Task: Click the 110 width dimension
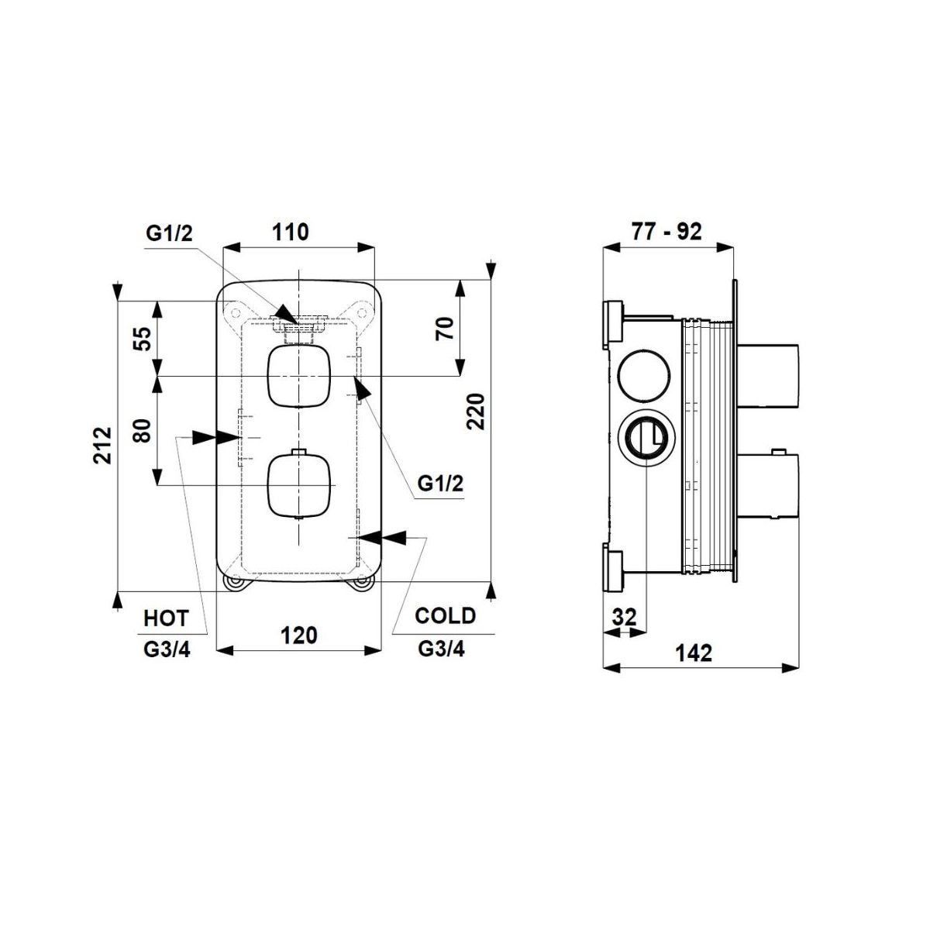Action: [291, 232]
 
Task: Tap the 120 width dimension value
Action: [299, 635]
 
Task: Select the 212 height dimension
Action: [103, 445]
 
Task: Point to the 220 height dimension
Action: [476, 412]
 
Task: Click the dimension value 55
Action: [144, 339]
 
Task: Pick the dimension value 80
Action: [143, 430]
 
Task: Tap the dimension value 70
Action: [446, 328]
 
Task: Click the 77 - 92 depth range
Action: [666, 232]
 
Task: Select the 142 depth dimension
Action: [694, 653]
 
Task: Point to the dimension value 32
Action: [624, 617]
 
